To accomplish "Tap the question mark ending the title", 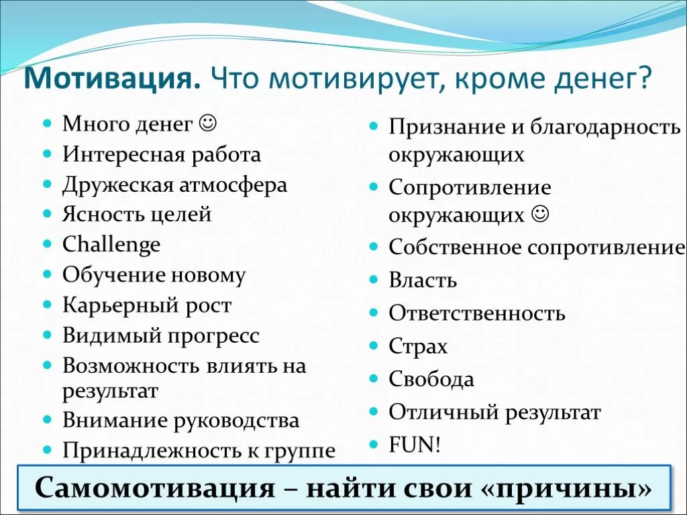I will [x=644, y=80].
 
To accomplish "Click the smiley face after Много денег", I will [x=208, y=123].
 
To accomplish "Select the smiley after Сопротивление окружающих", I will [x=539, y=215].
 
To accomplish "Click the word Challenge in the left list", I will [x=111, y=245].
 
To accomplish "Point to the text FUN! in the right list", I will [x=415, y=445].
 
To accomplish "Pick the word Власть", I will [x=423, y=280].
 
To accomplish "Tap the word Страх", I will [x=418, y=347].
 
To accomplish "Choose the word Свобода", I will [x=431, y=380].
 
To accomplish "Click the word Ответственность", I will [x=477, y=313].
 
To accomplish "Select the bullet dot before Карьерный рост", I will [x=47, y=305].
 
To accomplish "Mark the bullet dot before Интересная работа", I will [x=47, y=155].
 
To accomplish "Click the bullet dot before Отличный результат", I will [x=374, y=412].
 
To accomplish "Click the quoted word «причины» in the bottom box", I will [x=566, y=488].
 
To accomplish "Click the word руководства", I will [x=237, y=421].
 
